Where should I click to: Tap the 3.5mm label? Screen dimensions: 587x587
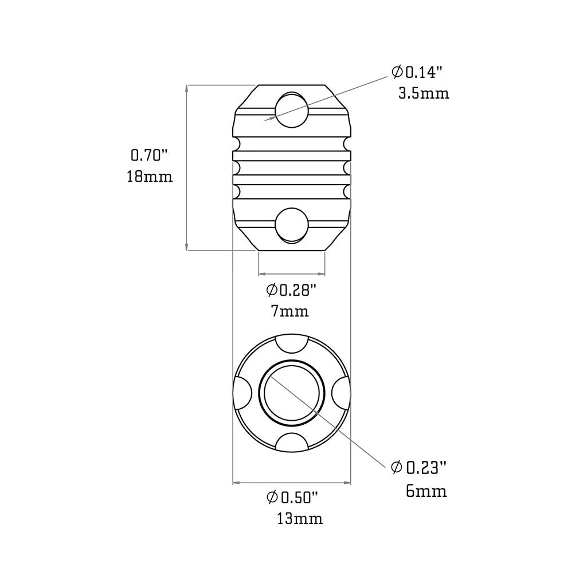(x=424, y=93)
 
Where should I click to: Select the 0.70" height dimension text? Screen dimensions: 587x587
(x=149, y=155)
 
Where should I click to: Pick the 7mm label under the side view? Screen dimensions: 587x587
(x=289, y=311)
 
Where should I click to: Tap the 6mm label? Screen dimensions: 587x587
(x=426, y=491)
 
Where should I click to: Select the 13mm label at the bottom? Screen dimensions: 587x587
(x=299, y=519)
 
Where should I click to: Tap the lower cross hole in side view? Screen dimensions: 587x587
(x=291, y=225)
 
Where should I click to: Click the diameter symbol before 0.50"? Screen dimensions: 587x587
(x=272, y=497)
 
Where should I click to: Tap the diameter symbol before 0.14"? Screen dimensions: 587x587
(x=397, y=72)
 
